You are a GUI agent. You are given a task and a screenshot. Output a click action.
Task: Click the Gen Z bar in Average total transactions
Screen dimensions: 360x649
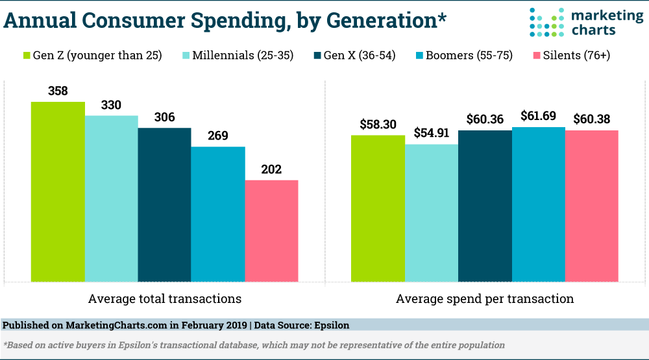[58, 191]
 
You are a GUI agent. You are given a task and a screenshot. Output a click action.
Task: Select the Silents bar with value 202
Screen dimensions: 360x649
[271, 231]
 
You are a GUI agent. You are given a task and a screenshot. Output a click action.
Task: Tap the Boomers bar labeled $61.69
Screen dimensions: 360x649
[538, 204]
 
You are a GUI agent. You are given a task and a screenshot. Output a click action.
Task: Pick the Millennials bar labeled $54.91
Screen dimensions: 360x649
[431, 213]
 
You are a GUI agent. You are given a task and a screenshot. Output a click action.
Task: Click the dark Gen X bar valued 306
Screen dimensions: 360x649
[164, 204]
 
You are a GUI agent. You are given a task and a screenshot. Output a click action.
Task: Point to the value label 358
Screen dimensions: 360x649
[58, 91]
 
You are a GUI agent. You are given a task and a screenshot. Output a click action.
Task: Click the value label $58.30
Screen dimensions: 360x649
[378, 125]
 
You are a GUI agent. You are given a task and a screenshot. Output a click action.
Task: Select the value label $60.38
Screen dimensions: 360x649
[591, 119]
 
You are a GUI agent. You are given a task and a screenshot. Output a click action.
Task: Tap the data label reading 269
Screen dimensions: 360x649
[217, 136]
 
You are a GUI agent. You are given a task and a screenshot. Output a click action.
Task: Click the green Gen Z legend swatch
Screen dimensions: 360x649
[28, 55]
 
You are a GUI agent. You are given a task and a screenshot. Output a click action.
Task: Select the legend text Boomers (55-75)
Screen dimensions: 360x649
[461, 55]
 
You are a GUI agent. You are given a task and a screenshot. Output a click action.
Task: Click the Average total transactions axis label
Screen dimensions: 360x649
[164, 299]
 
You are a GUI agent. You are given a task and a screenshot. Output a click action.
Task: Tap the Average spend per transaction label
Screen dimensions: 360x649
[484, 299]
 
